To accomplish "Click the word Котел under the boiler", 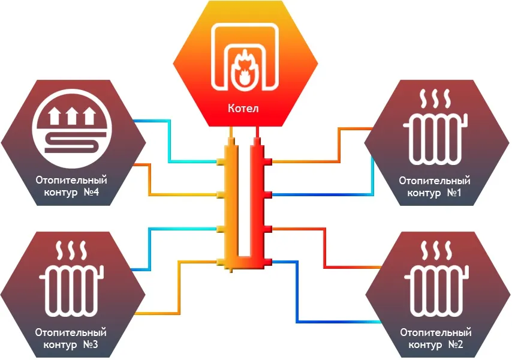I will (x=243, y=109).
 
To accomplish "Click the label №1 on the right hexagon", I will (x=453, y=193).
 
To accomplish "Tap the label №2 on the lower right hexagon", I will (x=454, y=344).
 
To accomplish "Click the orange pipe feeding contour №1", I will (x=339, y=145).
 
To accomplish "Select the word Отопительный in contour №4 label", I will (x=71, y=180).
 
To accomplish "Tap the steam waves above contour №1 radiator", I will (x=436, y=98).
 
